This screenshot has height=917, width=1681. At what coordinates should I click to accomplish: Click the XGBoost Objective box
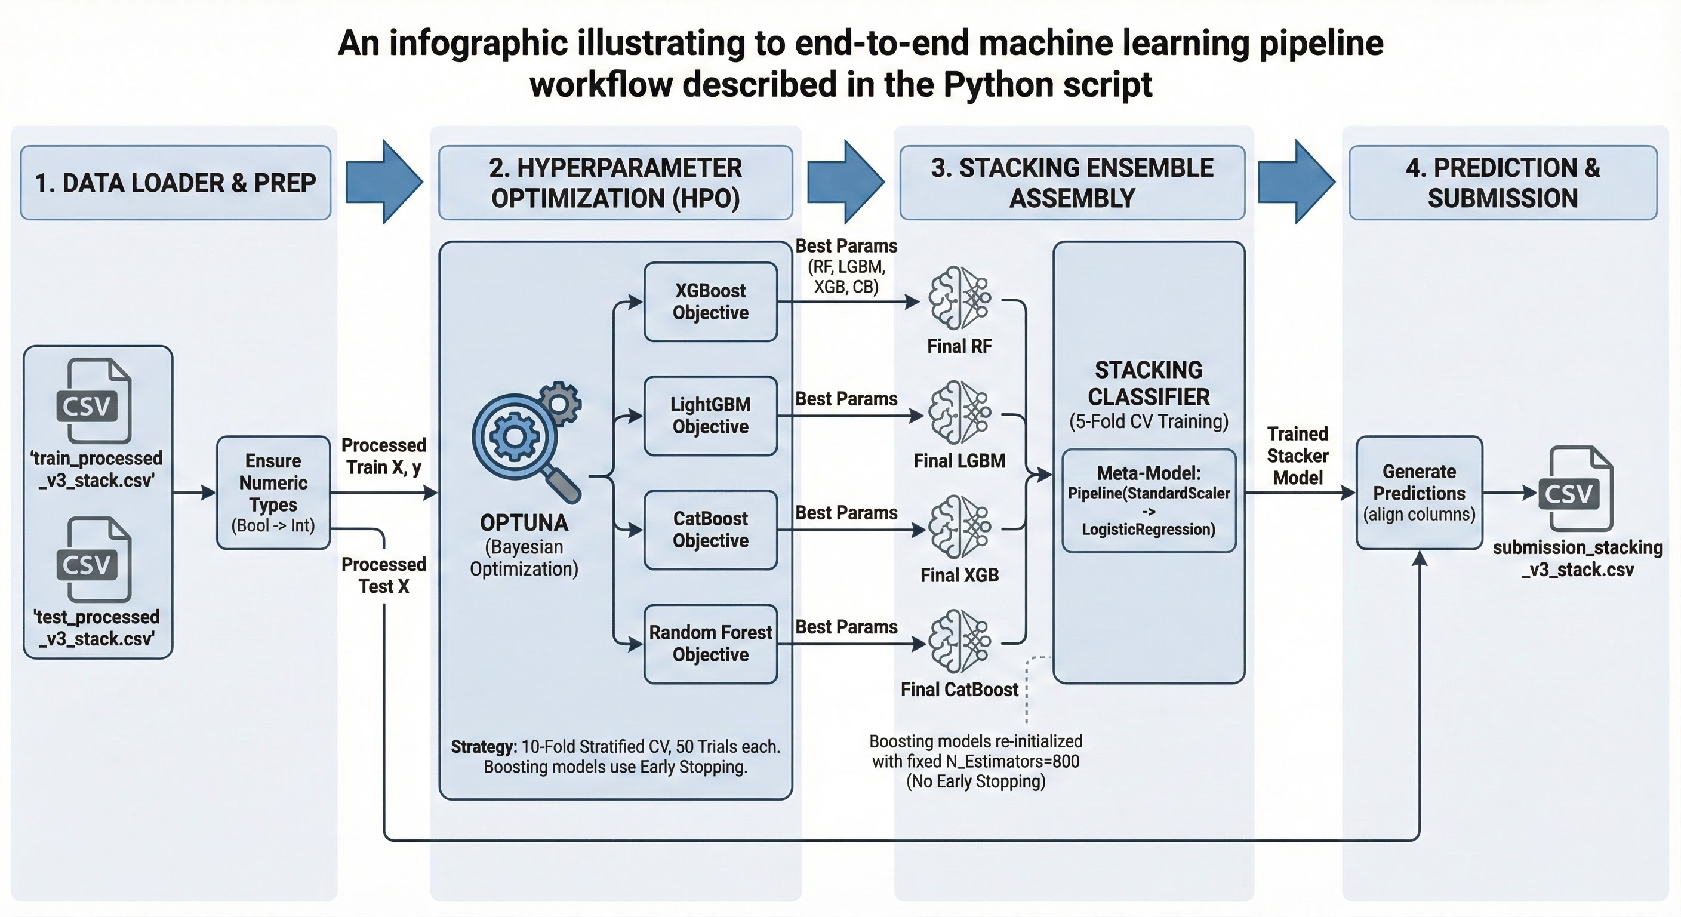tap(710, 301)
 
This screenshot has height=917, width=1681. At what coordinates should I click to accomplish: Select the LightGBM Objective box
tap(710, 416)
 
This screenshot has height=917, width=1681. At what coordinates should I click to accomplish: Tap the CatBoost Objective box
tap(710, 530)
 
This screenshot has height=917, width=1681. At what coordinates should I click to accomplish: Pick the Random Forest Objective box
tap(710, 644)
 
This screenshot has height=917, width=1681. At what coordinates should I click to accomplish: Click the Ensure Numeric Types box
tap(273, 493)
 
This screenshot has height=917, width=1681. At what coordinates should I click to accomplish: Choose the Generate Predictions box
tap(1420, 493)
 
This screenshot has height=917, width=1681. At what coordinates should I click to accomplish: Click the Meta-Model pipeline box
tap(1149, 501)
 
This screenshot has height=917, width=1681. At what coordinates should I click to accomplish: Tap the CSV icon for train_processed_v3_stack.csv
tap(96, 401)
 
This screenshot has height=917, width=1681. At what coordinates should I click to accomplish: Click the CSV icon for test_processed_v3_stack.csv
tap(96, 559)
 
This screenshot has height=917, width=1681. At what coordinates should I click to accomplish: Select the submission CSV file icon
tap(1577, 488)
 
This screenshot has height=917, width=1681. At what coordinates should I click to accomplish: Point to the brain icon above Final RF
tap(959, 298)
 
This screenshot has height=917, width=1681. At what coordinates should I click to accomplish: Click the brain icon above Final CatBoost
tap(959, 641)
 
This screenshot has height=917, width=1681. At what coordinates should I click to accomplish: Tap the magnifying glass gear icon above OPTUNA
tap(526, 441)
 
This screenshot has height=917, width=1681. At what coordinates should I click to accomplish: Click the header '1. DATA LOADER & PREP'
tap(176, 183)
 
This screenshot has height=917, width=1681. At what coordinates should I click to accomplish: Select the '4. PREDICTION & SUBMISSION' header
tap(1503, 183)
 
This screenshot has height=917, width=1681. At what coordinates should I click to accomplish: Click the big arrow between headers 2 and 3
tap(846, 181)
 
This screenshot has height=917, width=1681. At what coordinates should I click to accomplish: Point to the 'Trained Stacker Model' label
tap(1297, 456)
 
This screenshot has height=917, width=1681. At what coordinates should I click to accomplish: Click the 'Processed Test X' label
tap(384, 575)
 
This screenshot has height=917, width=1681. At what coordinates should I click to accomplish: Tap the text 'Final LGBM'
tap(959, 461)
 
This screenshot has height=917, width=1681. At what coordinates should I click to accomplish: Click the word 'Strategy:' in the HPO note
tap(484, 747)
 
